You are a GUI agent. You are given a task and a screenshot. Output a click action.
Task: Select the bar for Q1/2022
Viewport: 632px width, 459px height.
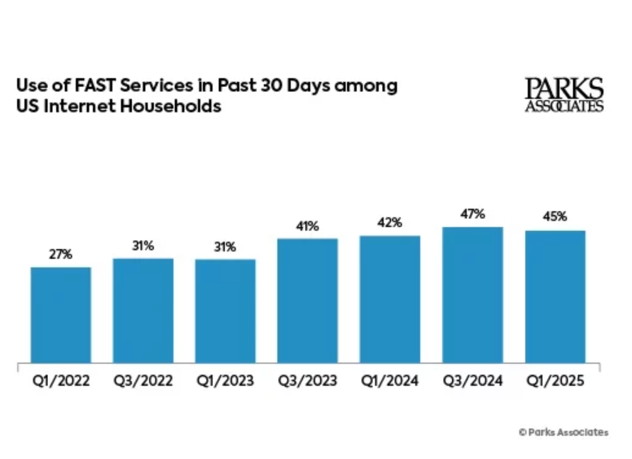click(x=61, y=314)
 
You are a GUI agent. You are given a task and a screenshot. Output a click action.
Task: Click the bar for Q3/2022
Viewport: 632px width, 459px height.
click(x=143, y=310)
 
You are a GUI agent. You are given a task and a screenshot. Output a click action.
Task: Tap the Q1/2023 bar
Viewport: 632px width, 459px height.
click(x=226, y=311)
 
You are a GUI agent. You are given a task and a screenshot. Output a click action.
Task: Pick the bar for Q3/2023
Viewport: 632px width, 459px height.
click(x=308, y=300)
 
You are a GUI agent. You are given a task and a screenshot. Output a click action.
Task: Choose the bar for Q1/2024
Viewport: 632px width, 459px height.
click(x=390, y=299)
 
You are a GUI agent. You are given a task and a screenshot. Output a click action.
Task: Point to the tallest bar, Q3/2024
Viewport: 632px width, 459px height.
click(x=472, y=295)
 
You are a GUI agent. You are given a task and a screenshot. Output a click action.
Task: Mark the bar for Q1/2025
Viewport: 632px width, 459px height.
click(x=555, y=296)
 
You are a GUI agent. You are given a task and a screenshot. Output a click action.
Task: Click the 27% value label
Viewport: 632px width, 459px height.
click(x=61, y=254)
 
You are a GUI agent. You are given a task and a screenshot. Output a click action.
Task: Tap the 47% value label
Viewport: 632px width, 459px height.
click(x=472, y=214)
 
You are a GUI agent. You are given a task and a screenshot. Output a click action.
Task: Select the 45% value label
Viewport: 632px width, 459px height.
click(x=555, y=217)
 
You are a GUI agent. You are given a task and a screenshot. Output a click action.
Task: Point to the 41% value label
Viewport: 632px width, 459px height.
click(x=308, y=225)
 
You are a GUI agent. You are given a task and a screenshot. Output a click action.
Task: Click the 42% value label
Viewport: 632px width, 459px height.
click(x=390, y=223)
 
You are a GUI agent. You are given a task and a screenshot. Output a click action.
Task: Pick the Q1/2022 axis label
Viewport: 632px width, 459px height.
click(x=61, y=380)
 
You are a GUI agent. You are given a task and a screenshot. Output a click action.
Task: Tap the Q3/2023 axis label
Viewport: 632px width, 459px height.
click(x=308, y=380)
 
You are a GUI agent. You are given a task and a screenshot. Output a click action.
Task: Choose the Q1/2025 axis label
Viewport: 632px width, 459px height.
click(x=555, y=380)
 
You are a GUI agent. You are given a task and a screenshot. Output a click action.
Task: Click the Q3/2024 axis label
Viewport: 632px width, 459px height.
click(x=472, y=380)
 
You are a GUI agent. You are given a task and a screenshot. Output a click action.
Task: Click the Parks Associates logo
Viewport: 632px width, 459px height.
click(x=564, y=94)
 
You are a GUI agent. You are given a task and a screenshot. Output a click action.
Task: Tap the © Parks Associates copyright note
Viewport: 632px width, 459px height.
click(x=563, y=432)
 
